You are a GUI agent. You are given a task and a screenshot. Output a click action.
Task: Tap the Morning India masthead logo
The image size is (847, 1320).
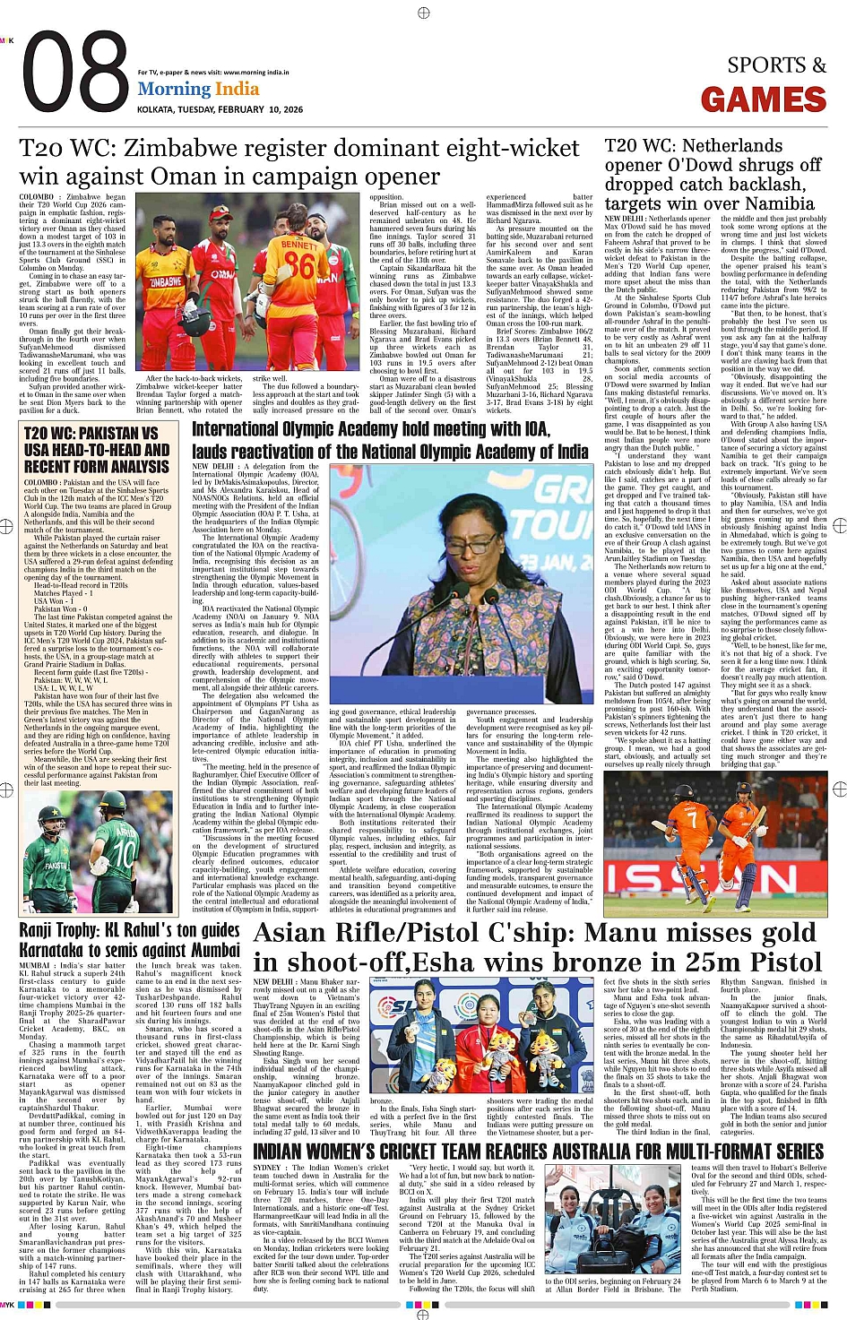point(198,89)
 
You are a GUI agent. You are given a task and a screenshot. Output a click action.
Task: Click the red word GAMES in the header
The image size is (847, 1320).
point(763,100)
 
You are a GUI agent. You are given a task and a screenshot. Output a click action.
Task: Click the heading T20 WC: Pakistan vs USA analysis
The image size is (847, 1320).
point(97,449)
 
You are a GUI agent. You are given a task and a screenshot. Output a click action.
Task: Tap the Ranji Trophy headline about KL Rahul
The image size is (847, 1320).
point(129,939)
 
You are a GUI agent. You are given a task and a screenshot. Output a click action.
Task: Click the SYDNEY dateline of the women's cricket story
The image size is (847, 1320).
point(267,1169)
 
